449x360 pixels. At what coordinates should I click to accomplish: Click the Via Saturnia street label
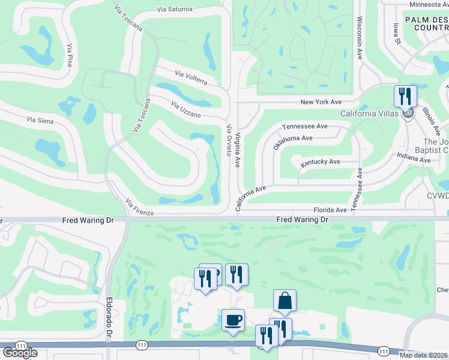pos(175,9)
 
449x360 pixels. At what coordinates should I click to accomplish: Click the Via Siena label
pos(40,121)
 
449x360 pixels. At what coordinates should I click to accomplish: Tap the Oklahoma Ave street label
pos(293,142)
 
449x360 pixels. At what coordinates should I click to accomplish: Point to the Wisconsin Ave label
pos(360,37)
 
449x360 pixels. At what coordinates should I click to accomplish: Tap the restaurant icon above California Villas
pos(405,95)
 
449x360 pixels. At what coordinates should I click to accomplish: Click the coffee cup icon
pos(233,319)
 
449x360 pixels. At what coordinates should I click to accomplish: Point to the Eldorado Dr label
pos(109,317)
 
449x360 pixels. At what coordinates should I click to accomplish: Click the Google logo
pos(20,352)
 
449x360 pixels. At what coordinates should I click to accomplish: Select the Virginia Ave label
pos(238,150)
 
